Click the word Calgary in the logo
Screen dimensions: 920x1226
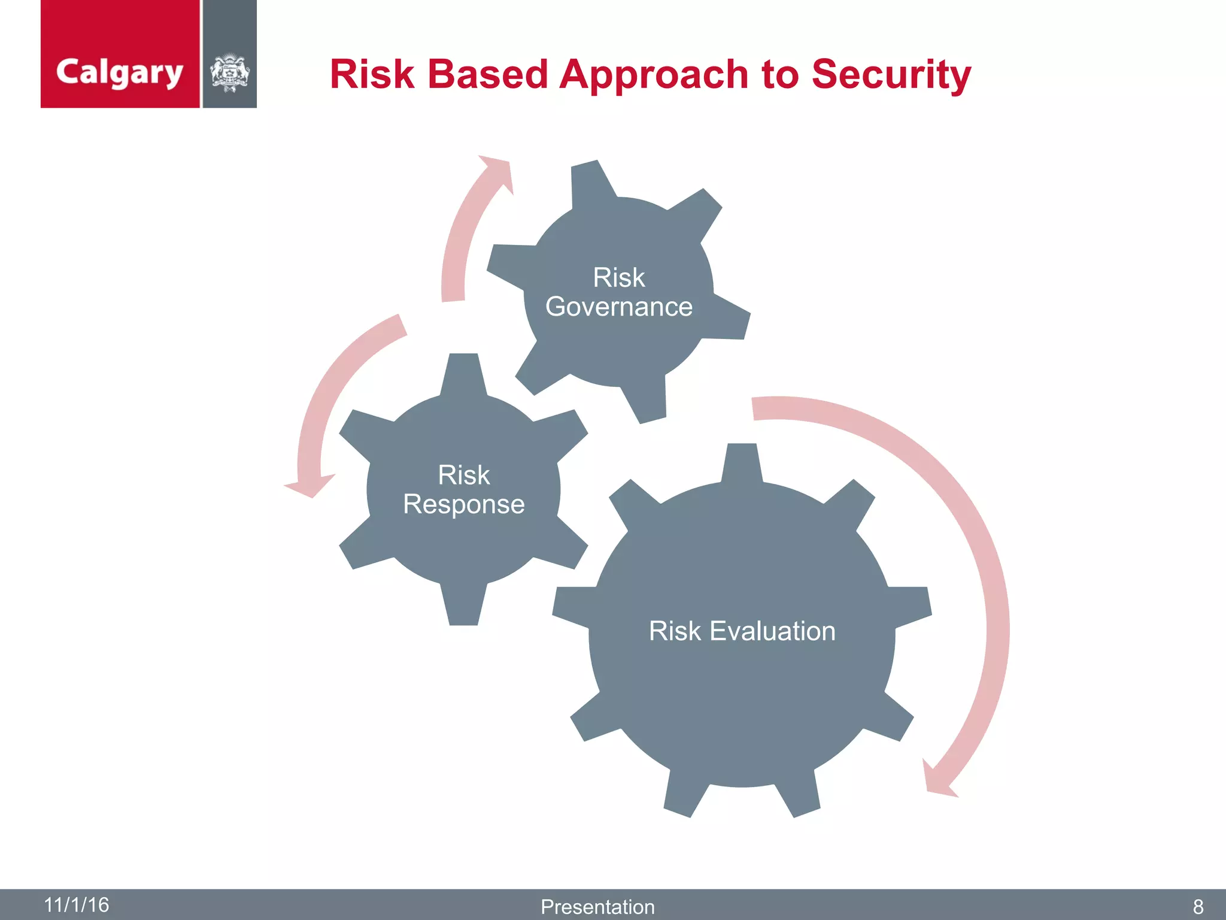(x=119, y=73)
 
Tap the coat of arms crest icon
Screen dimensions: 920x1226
(x=230, y=73)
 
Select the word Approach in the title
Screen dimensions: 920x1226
(x=654, y=75)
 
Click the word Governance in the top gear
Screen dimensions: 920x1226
(x=618, y=307)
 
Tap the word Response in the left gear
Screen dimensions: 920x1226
(x=463, y=504)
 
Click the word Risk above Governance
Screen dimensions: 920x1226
(x=618, y=278)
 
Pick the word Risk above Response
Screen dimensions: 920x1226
(x=463, y=476)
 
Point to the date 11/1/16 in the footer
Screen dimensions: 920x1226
(x=77, y=904)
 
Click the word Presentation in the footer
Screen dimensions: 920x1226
(x=597, y=907)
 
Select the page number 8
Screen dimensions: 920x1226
(x=1198, y=907)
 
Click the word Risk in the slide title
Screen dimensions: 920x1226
(x=372, y=75)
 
